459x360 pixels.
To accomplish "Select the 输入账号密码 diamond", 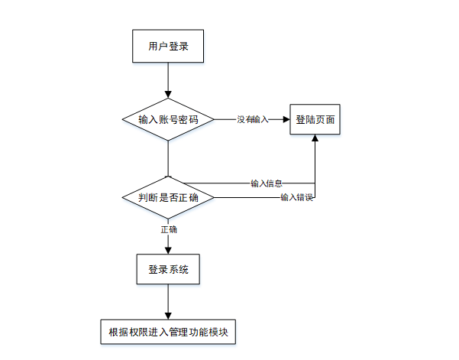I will coord(167,119).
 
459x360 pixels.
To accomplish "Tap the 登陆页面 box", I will coord(315,118).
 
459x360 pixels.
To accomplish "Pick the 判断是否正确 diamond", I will coord(167,198).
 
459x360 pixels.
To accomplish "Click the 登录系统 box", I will coord(167,269).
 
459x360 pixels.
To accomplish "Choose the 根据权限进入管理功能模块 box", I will coord(169,332).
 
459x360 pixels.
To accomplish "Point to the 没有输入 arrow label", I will coord(253,119).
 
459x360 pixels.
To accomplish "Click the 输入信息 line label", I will coord(267,183).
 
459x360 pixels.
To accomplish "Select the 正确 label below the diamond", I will coord(168,229).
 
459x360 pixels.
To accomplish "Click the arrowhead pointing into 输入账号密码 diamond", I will coord(167,94).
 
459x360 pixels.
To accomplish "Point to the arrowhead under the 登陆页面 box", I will coord(315,138).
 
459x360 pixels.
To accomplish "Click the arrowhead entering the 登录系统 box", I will coord(167,250).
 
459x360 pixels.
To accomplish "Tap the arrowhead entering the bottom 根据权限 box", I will coord(167,314).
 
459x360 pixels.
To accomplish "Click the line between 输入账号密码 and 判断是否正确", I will coord(167,158).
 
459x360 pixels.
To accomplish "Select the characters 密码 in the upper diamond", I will coord(188,119).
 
